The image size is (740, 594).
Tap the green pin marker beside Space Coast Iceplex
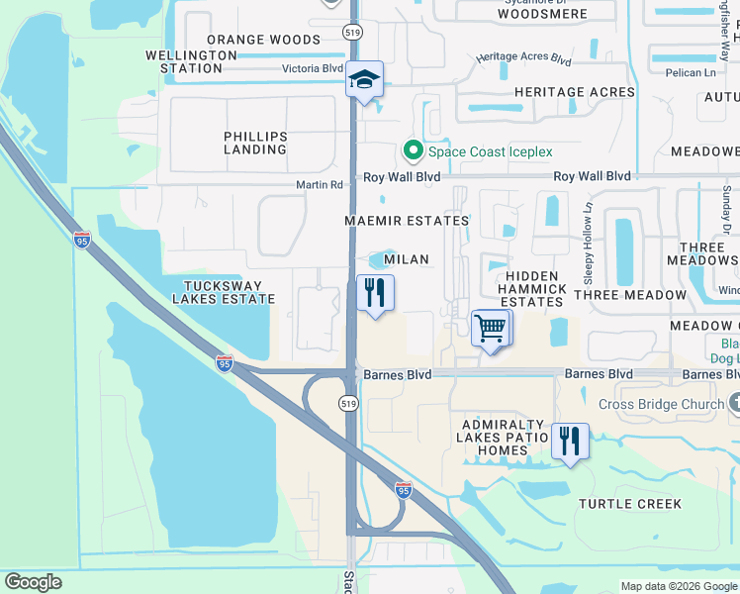pyautogui.click(x=413, y=151)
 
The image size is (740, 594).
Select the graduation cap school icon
pyautogui.click(x=364, y=79)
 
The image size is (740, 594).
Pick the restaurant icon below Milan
pyautogui.click(x=375, y=293)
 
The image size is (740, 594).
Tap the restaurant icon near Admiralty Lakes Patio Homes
pyautogui.click(x=569, y=441)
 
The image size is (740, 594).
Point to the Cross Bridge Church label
pyautogui.click(x=661, y=404)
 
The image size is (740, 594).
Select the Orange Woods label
pyautogui.click(x=264, y=40)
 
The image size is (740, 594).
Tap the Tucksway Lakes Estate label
pyautogui.click(x=224, y=291)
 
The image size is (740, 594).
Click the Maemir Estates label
pyautogui.click(x=406, y=220)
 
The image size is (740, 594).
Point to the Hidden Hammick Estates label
pyautogui.click(x=535, y=288)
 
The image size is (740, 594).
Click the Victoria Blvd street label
pyautogui.click(x=313, y=69)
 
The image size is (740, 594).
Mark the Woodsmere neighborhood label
pyautogui.click(x=542, y=15)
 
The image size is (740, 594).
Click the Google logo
pyautogui.click(x=33, y=582)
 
